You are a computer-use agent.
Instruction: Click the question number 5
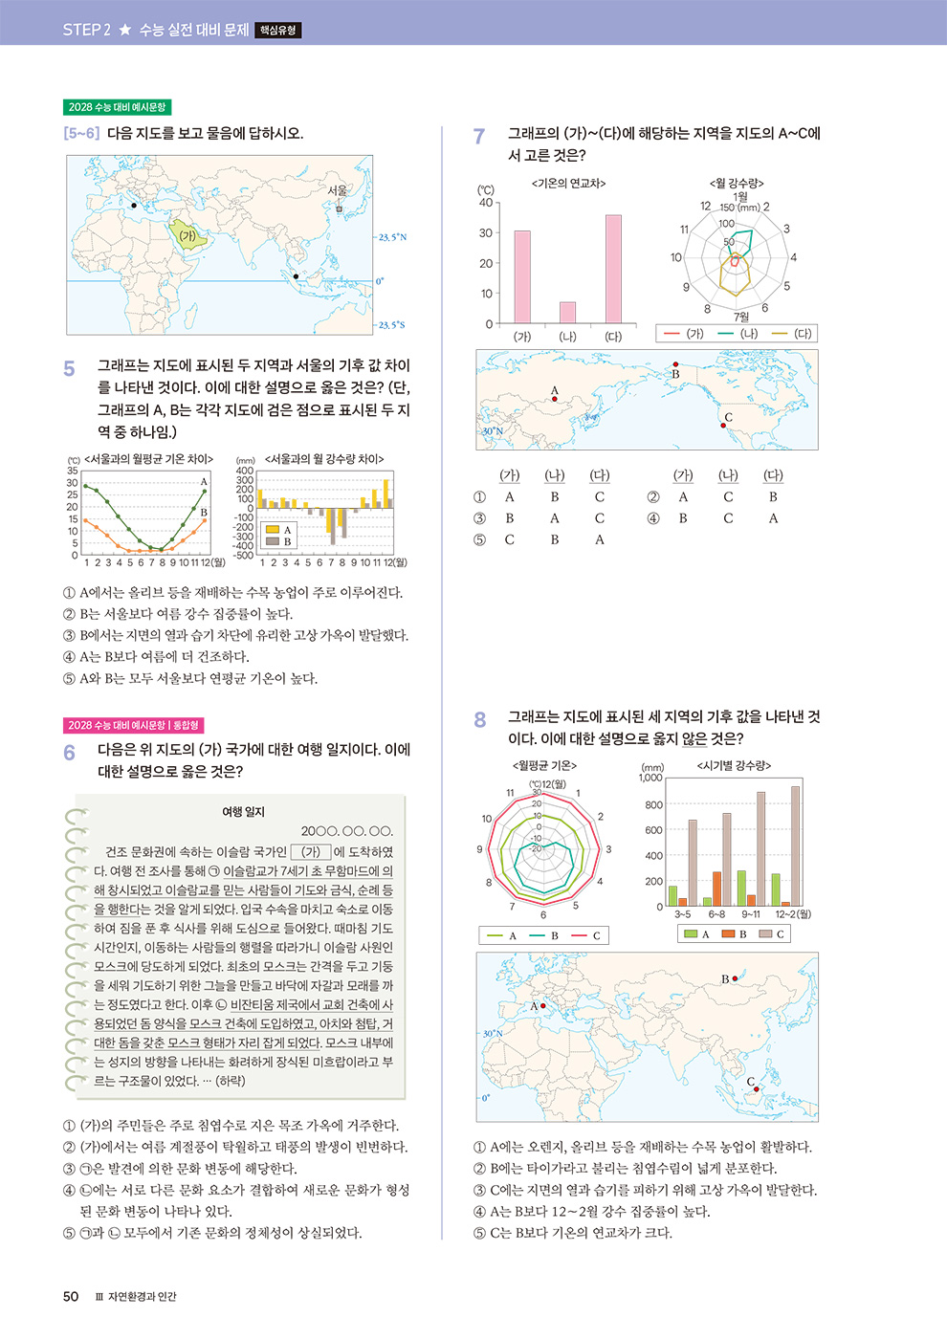pos(69,369)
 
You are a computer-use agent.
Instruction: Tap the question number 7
pos(479,137)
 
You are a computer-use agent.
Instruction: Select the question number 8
pos(480,720)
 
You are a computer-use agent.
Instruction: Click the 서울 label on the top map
pos(337,190)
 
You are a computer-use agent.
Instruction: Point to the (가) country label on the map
pos(187,235)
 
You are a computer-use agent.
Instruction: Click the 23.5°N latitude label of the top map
pos(392,237)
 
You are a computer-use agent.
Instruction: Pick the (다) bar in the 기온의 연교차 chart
pos(613,269)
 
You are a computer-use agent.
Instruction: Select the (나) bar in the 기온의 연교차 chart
pos(567,313)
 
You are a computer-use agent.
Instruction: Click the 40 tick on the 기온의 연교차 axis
pos(486,203)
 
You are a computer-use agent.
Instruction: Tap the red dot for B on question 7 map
pos(675,364)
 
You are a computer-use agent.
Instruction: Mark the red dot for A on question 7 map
pos(555,399)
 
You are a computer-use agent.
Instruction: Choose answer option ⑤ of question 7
pos(480,539)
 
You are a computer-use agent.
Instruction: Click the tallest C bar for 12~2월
pos(795,845)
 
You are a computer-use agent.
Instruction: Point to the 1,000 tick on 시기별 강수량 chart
pos(650,778)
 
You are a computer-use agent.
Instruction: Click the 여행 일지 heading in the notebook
pos(243,811)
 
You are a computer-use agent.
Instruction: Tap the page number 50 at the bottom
pos(71,1296)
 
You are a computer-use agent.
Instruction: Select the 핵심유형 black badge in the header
pos(278,31)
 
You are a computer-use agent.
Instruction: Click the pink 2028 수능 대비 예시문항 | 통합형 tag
pos(134,725)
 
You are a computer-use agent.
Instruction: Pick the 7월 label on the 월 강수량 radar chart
pos(741,317)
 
